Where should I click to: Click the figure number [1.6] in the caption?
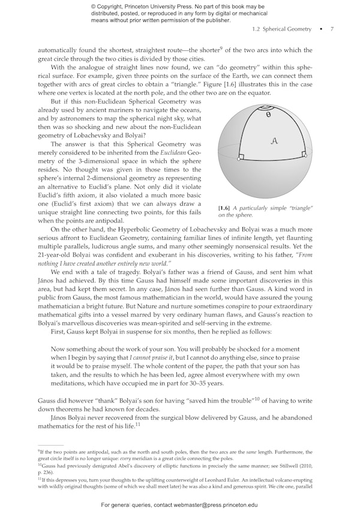(x=225, y=208)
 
